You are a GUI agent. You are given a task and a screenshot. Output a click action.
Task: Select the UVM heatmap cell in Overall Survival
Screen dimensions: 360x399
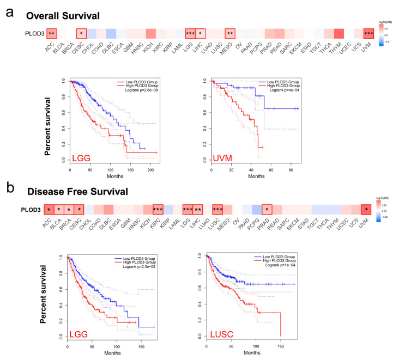click(x=369, y=33)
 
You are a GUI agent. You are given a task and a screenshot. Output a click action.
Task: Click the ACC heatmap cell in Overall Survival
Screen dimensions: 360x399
click(x=51, y=33)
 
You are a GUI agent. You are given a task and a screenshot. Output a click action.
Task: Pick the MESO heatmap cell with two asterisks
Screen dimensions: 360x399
click(x=229, y=33)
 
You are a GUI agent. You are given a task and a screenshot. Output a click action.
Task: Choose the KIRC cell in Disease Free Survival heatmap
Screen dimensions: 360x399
click(x=158, y=210)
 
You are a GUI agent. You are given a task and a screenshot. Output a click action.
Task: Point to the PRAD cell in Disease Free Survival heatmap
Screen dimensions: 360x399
click(x=267, y=210)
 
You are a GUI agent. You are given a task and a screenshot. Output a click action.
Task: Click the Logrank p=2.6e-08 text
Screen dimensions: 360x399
click(x=134, y=91)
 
